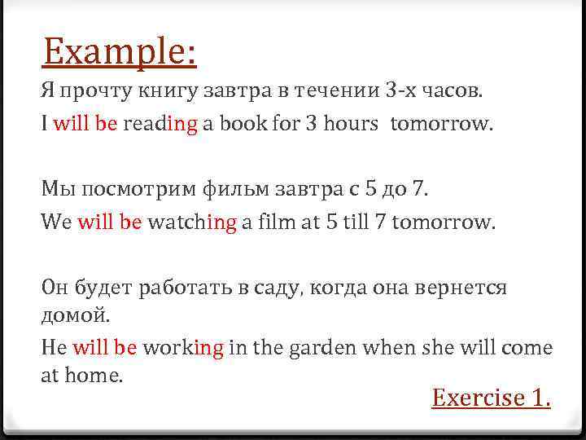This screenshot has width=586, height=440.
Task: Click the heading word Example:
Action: click(x=120, y=52)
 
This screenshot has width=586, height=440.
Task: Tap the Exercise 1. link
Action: click(x=492, y=398)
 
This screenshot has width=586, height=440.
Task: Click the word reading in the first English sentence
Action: click(x=160, y=124)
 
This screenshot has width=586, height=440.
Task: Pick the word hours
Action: click(x=351, y=124)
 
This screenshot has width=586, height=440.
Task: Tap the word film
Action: click(x=277, y=222)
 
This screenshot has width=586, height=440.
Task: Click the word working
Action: click(x=183, y=348)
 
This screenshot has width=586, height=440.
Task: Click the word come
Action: click(x=528, y=348)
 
